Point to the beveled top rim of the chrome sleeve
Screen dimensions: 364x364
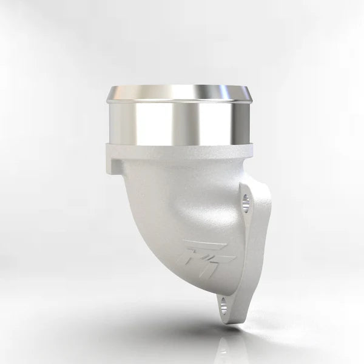tap(180, 93)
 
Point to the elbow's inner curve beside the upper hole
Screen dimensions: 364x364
tap(227, 200)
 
